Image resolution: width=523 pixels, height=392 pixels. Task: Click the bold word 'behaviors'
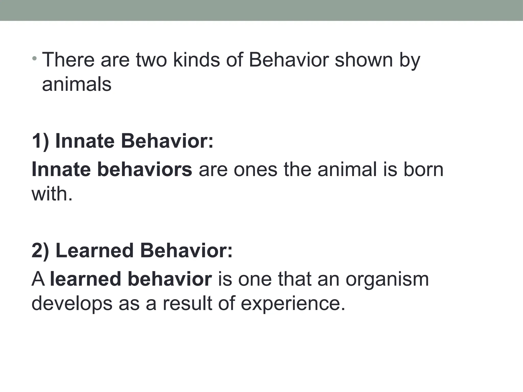click(145, 169)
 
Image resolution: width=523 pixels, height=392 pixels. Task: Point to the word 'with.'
click(52, 194)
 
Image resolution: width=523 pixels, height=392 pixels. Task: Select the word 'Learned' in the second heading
click(94, 251)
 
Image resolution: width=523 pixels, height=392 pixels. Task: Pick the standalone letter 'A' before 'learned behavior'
click(38, 279)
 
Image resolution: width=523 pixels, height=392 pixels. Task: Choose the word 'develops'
click(72, 304)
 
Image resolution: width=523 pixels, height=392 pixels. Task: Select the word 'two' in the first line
click(151, 60)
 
